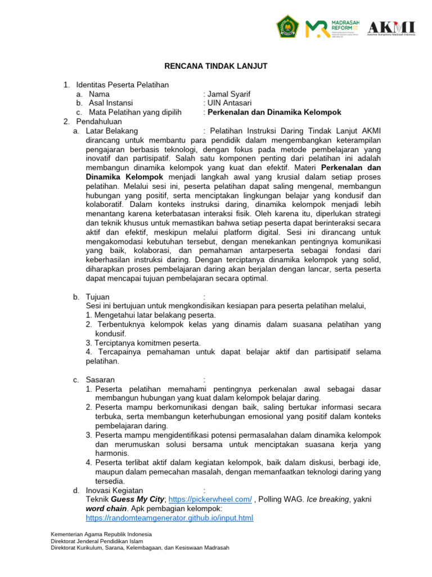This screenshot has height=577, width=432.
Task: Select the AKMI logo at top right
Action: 391,28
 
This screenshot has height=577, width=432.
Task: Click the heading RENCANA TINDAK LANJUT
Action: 215,66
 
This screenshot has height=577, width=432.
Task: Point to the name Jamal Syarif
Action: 229,94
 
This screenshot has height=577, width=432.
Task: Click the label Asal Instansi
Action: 111,103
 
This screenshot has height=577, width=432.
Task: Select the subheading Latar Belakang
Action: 112,131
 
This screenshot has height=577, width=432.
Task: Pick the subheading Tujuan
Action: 98,297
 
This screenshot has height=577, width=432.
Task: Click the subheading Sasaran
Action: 100,380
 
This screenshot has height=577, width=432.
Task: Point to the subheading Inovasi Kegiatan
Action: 114,490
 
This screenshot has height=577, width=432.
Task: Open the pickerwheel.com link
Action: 210,500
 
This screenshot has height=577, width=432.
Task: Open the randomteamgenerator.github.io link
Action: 169,518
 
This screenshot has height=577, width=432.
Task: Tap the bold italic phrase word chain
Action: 105,509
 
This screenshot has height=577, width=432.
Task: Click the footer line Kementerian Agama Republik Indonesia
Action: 101,534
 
